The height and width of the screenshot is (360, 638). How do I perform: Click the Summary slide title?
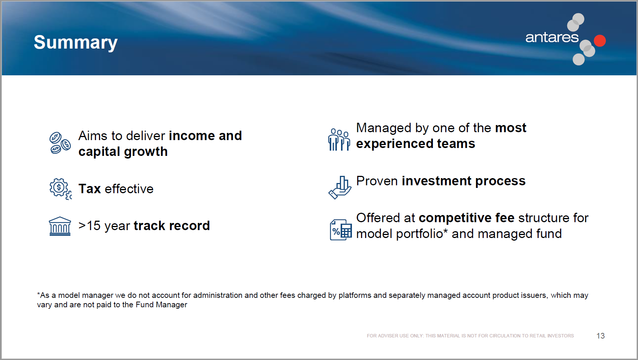pyautogui.click(x=76, y=43)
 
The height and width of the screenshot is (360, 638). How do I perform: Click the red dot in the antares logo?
pyautogui.click(x=600, y=40)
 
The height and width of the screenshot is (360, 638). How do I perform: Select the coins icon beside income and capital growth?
pyautogui.click(x=60, y=143)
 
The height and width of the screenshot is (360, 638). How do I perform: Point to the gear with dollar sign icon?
pyautogui.click(x=60, y=189)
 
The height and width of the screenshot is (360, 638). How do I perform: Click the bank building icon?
pyautogui.click(x=60, y=226)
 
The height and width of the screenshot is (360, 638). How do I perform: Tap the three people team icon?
pyautogui.click(x=339, y=139)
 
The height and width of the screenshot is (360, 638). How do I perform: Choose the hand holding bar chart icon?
pyautogui.click(x=340, y=188)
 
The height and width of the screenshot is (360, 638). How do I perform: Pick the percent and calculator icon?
pyautogui.click(x=341, y=230)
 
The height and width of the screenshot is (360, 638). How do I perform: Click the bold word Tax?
pyautogui.click(x=90, y=189)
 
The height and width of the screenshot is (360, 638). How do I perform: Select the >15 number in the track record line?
pyautogui.click(x=90, y=226)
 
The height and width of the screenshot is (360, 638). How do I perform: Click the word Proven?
pyautogui.click(x=377, y=181)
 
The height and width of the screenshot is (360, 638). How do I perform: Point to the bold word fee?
pyautogui.click(x=505, y=218)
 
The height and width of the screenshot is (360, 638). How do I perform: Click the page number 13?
pyautogui.click(x=600, y=336)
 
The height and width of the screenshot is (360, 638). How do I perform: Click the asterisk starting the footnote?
pyautogui.click(x=38, y=294)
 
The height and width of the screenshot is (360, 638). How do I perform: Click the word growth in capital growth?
pyautogui.click(x=146, y=152)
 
